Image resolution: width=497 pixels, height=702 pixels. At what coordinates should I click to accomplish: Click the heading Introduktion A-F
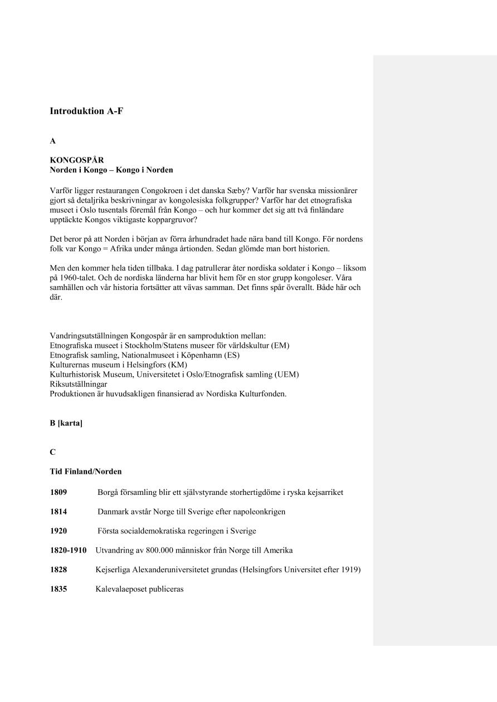click(86, 111)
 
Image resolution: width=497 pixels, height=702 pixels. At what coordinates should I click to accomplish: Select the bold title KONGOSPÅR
click(77, 160)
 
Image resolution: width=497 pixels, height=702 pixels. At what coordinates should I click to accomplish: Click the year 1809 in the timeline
click(59, 493)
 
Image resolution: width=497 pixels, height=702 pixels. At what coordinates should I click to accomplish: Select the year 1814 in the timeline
click(59, 512)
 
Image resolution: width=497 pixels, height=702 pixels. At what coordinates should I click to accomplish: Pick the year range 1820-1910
click(69, 551)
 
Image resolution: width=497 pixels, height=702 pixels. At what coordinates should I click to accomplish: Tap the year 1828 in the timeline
click(59, 570)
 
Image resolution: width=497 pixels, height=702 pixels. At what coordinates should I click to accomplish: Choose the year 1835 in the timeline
click(59, 589)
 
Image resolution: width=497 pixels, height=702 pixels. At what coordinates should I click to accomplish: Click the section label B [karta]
click(66, 424)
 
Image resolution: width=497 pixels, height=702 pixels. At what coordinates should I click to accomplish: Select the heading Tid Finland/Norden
click(86, 472)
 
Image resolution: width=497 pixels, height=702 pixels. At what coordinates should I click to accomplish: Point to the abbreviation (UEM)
click(287, 375)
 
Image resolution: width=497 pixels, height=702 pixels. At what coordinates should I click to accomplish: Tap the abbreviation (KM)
click(178, 365)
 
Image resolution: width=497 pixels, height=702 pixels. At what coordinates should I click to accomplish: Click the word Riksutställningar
click(79, 384)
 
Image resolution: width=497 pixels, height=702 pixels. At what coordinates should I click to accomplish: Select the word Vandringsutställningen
click(89, 336)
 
